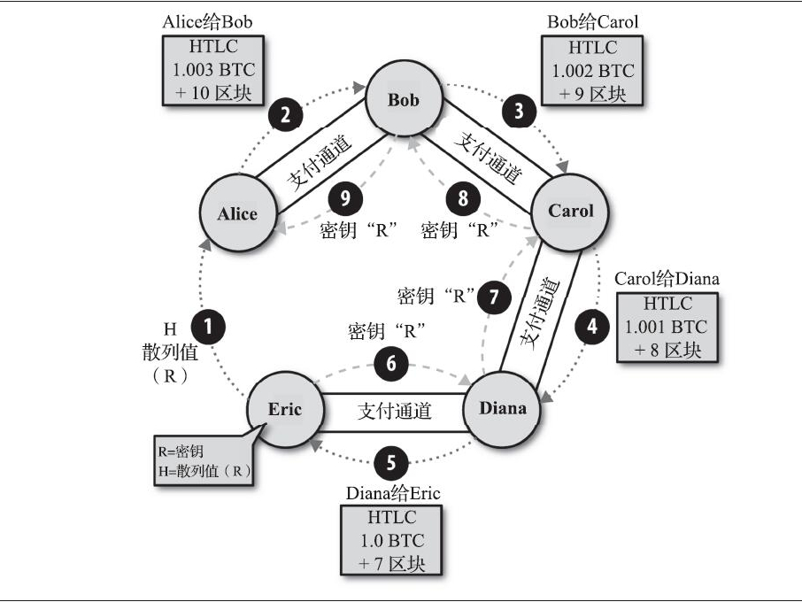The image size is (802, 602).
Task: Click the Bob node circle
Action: tap(404, 99)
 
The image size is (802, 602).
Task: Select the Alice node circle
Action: tap(237, 213)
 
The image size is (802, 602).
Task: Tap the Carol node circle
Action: tap(571, 211)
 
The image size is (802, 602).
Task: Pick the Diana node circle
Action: tap(502, 408)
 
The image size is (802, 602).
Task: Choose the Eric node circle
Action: tap(285, 409)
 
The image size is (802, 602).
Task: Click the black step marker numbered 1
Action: tap(209, 326)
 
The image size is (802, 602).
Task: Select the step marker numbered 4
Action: tap(593, 326)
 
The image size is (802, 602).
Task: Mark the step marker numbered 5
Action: tap(391, 461)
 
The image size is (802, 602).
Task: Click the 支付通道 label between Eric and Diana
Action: tap(394, 411)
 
